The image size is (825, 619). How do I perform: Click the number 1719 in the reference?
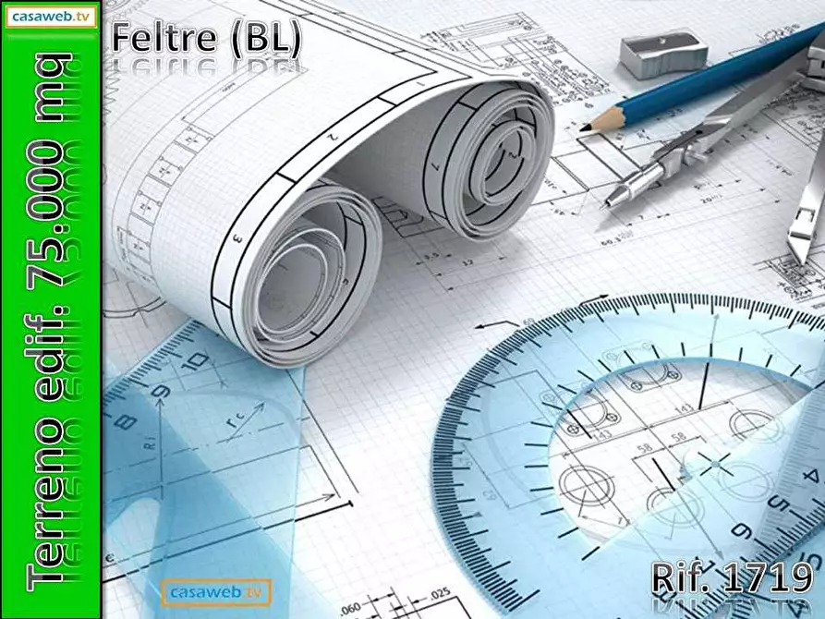point(768,577)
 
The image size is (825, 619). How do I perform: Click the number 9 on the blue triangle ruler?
point(164,393)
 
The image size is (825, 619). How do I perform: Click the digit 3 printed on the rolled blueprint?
point(237,237)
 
